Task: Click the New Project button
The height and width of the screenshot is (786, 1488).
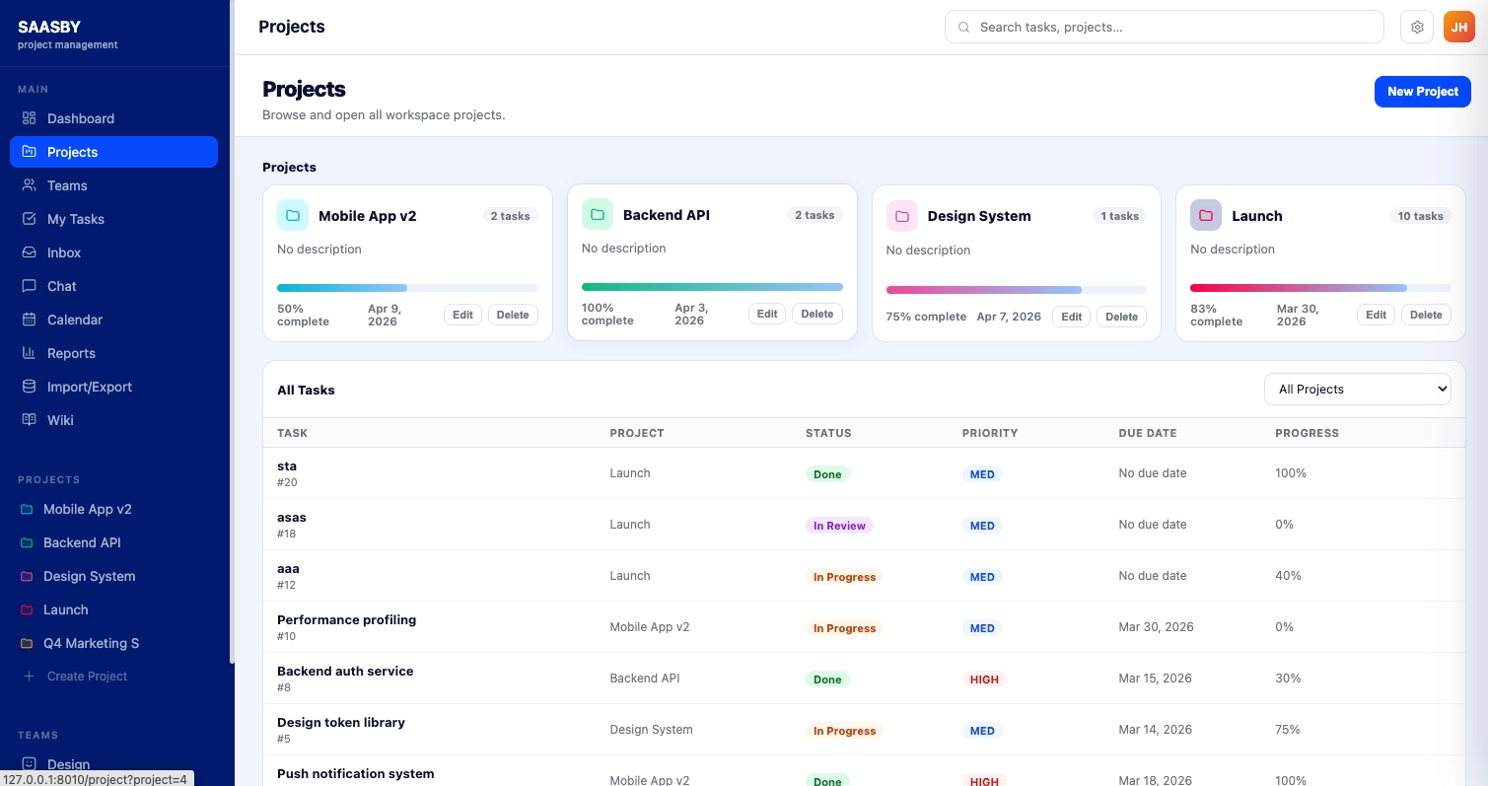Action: pos(1422,92)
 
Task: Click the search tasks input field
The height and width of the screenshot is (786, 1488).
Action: pos(1164,28)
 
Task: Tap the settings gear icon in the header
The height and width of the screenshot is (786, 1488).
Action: pos(1417,28)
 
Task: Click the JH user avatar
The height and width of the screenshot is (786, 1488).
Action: pos(1458,28)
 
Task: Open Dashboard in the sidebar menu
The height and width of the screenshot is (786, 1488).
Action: pos(81,118)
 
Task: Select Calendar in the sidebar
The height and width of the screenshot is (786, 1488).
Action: pos(75,320)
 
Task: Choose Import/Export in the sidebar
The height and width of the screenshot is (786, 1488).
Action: pos(89,387)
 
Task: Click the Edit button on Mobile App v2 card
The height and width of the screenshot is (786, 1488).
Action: pos(462,316)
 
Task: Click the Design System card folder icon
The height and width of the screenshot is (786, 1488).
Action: pos(901,216)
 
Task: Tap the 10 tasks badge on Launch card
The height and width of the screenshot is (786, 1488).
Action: pos(1420,216)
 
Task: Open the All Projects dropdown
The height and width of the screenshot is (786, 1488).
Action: pos(1357,390)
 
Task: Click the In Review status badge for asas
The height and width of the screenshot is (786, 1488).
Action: pos(839,526)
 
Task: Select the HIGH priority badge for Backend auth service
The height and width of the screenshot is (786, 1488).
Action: pos(983,679)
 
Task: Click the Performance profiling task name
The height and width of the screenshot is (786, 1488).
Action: pos(346,620)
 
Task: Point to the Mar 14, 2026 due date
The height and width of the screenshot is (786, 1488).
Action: pos(1155,730)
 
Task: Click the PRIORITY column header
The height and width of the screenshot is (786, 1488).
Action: pos(989,433)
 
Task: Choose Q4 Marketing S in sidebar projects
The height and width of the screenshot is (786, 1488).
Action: pos(91,643)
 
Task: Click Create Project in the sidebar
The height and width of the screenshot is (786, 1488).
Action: pos(87,677)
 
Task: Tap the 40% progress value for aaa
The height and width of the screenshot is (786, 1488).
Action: pos(1288,576)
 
